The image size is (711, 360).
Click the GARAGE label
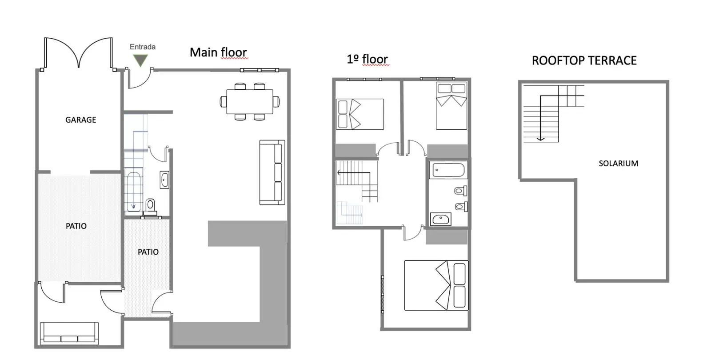point(80,120)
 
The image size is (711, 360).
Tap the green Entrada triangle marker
point(140,60)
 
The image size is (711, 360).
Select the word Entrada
point(143,47)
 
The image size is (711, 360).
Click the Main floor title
point(218,52)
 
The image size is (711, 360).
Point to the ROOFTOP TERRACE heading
point(584,60)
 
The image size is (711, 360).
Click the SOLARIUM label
point(618,164)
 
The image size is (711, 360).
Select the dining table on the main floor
point(250,102)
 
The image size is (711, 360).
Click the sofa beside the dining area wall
point(272,172)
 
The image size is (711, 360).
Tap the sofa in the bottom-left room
point(69,333)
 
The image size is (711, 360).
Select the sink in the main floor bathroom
point(164,180)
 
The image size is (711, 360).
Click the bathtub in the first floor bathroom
point(448,170)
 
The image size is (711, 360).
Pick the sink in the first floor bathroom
point(441,219)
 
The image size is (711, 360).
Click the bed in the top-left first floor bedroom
point(359,114)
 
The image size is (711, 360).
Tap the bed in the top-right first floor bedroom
point(451,106)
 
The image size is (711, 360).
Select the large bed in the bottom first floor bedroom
point(436,285)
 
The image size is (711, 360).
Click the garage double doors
point(78,53)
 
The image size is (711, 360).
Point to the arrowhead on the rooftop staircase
point(540,139)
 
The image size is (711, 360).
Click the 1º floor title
point(367,60)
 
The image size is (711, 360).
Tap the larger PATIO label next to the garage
point(76,226)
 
